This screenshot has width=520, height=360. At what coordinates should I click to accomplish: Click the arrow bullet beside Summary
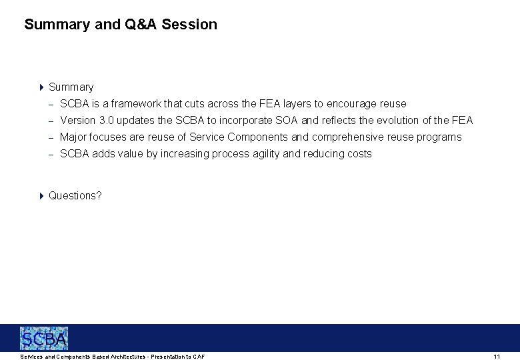[x=41, y=87]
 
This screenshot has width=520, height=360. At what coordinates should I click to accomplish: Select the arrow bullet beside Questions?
[x=41, y=195]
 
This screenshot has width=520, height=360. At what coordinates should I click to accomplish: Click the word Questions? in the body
[x=75, y=195]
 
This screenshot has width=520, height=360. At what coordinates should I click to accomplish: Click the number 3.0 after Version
[x=106, y=120]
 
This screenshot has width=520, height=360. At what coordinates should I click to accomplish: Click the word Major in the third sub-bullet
[x=73, y=137]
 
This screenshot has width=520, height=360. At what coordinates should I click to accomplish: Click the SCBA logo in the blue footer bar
[x=44, y=339]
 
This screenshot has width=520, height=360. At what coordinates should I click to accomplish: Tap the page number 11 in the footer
[x=497, y=357]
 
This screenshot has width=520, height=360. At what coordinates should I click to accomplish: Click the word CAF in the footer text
[x=199, y=357]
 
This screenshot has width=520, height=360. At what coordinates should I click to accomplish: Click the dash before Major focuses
[x=51, y=137]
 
